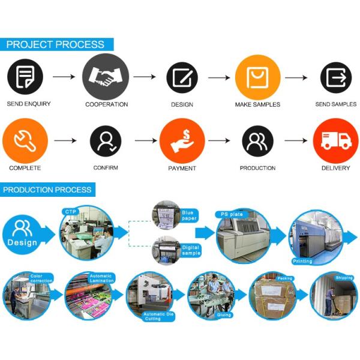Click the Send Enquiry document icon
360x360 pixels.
25,78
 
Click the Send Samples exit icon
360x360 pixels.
335,78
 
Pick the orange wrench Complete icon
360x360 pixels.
25,142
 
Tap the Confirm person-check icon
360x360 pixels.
106,142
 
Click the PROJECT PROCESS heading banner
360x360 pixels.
55,45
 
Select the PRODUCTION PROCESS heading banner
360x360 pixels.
48,190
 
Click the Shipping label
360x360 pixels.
344,277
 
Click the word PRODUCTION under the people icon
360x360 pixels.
257,168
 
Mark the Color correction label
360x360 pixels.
40,279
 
